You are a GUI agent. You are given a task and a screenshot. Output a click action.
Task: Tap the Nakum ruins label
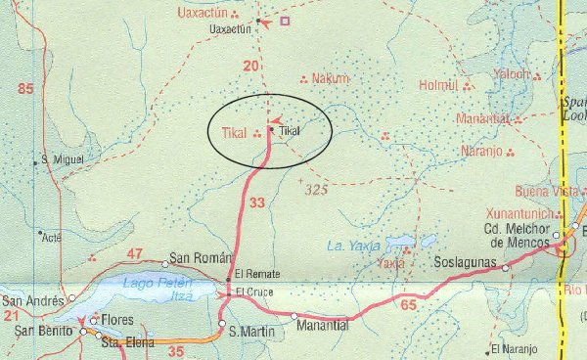point(330,78)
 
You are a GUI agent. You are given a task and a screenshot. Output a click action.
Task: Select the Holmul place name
point(437,85)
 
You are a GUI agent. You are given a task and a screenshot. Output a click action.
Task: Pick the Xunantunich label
point(521,212)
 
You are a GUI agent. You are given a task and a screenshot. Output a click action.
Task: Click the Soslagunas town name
point(467,262)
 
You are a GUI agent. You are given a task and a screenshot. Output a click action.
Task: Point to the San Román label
point(193,258)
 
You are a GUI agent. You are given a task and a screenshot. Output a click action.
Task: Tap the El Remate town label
point(251,275)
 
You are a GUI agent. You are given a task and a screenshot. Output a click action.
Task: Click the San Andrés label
point(31,299)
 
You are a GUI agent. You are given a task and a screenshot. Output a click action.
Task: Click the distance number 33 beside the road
point(257,203)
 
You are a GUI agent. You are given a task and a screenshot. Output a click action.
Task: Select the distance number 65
point(408,306)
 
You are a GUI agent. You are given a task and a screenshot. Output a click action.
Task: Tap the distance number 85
point(25,90)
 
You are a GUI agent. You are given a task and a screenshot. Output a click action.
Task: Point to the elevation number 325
point(315,189)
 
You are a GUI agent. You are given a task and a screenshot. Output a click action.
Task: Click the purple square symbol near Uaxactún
point(285,21)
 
